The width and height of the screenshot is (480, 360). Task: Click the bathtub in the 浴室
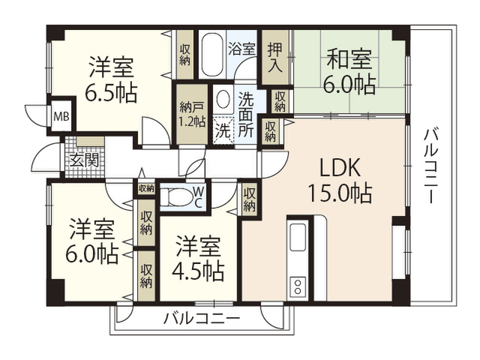[x=212, y=55]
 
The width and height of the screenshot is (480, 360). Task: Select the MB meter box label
[x=61, y=117]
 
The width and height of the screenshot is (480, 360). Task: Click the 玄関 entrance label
[x=84, y=160]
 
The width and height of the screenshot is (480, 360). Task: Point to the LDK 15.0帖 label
[x=340, y=181]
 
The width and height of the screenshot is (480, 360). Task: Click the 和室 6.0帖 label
[x=349, y=71]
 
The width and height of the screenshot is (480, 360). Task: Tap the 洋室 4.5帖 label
[x=198, y=258]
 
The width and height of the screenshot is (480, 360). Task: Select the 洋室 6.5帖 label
[x=111, y=79]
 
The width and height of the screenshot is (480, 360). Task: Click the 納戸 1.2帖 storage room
[x=192, y=114]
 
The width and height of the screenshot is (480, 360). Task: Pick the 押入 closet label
[x=274, y=58]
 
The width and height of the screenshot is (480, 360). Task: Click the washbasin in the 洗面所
[x=223, y=99]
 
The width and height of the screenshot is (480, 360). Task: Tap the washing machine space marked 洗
[x=223, y=130]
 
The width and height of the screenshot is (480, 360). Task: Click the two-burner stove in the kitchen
[x=298, y=286]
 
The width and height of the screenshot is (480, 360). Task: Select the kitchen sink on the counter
[x=298, y=237]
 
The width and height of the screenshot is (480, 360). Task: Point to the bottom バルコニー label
[x=202, y=319]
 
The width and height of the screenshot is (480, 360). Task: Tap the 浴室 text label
[x=241, y=49]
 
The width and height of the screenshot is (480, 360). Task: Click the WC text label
[x=198, y=197]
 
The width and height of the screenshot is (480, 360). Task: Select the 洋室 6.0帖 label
[x=91, y=241]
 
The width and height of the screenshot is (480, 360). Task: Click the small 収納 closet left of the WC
[x=145, y=188]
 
